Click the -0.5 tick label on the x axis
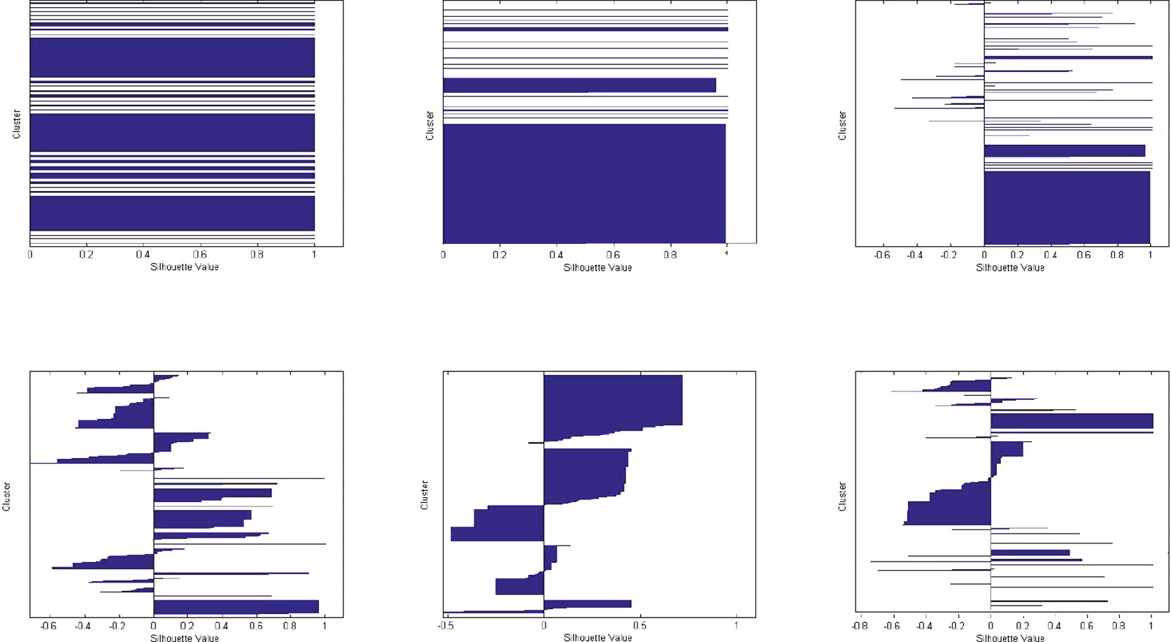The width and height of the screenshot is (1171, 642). pos(445,627)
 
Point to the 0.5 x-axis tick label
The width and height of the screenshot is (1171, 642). pos(639,627)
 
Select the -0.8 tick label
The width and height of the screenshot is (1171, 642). pos(860,627)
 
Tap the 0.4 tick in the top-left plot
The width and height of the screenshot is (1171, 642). pos(143,255)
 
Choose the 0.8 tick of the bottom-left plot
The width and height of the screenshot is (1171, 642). pos(290,627)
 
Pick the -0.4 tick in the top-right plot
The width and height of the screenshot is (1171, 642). pos(914,255)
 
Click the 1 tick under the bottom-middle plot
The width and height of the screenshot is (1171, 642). pos(737,627)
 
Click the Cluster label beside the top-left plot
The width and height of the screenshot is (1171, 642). pos(17,124)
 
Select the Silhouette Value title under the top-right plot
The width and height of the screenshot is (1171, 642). pos(1010,267)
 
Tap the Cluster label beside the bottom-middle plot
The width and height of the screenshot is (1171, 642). pos(424,494)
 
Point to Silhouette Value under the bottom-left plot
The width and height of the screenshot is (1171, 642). pos(185,638)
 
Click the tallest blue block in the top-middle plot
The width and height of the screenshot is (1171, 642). pos(584,183)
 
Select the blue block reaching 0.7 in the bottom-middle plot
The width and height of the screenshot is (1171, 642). pos(613,400)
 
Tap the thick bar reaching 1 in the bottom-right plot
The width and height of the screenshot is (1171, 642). pos(1071,421)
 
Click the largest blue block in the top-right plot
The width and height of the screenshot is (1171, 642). pos(1067,207)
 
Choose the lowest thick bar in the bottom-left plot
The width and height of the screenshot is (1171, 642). pos(236,606)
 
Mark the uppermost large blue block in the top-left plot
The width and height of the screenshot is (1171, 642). pos(172,57)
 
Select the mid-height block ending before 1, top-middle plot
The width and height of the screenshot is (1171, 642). pos(579,85)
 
